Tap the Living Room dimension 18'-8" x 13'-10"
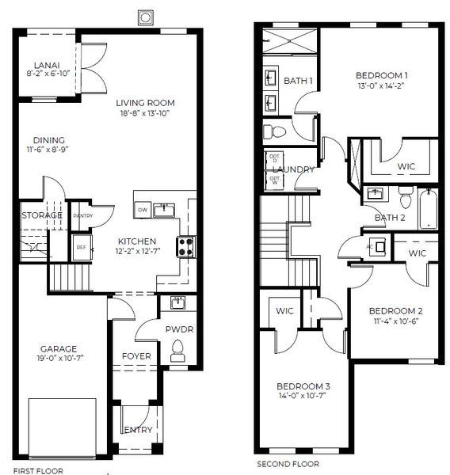pos(145,114)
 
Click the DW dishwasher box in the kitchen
pos(142,210)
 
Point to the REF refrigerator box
pos(80,247)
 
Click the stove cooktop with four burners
pos(185,247)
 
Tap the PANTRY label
pos(82,215)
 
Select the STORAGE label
pos(42,215)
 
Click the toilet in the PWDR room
pos(177,347)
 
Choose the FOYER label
pos(136,356)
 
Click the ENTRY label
pos(137,430)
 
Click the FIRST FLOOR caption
pos(37,470)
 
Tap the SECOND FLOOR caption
pos(288,464)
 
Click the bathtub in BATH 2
pos(428,210)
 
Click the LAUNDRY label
pos(294,169)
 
